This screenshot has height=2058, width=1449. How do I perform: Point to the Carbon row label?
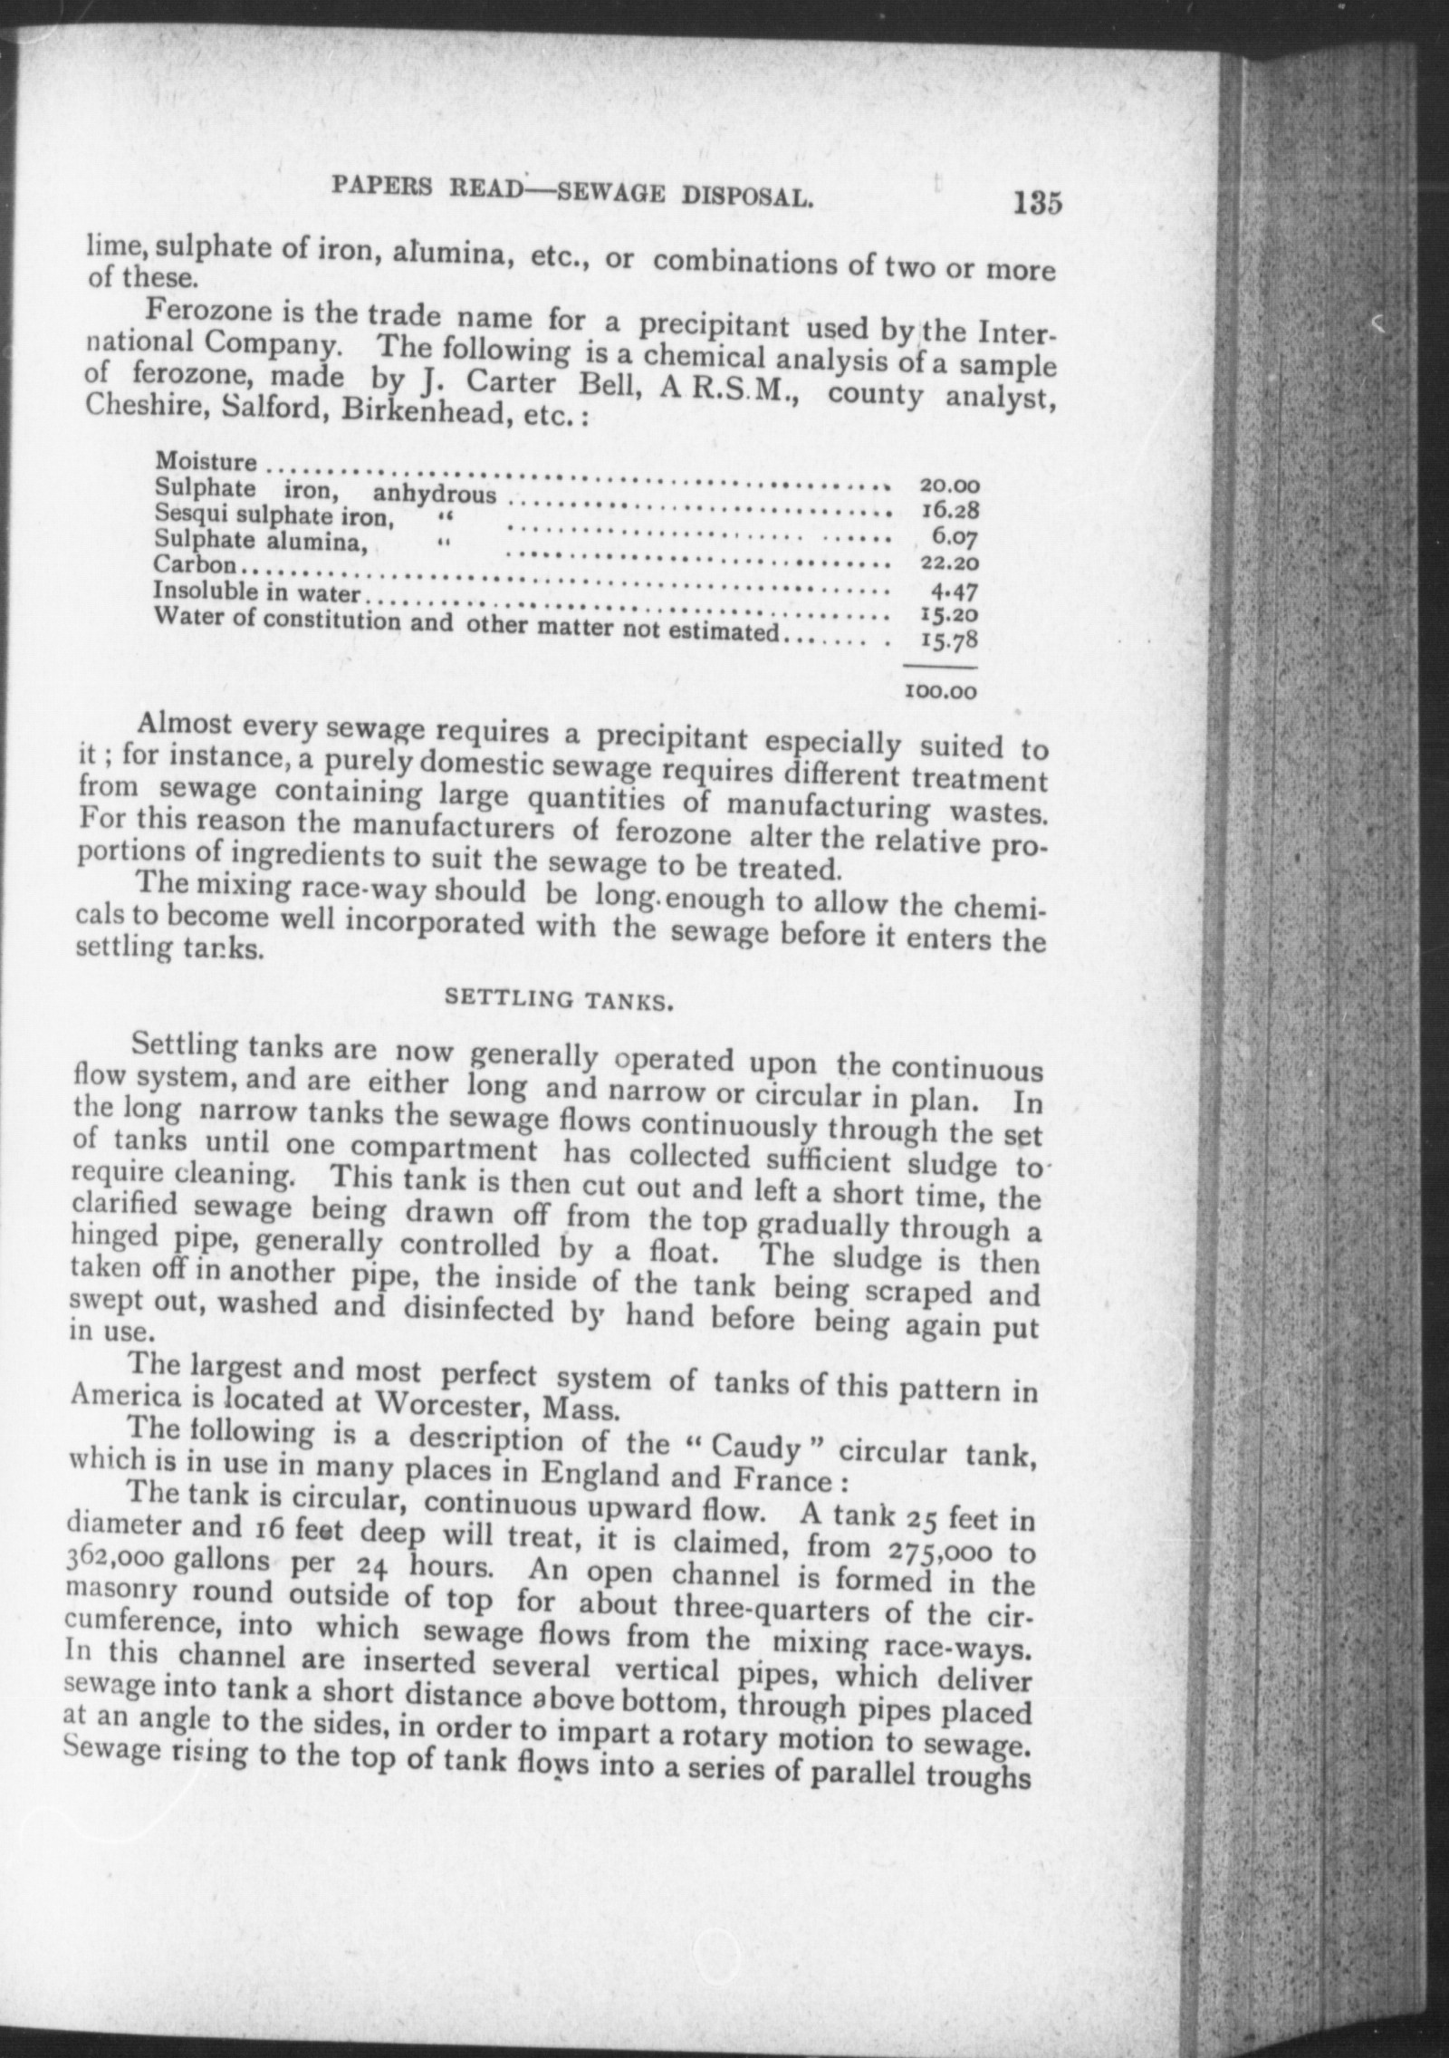coord(195,565)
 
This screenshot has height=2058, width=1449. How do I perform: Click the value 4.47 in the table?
coord(955,592)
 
